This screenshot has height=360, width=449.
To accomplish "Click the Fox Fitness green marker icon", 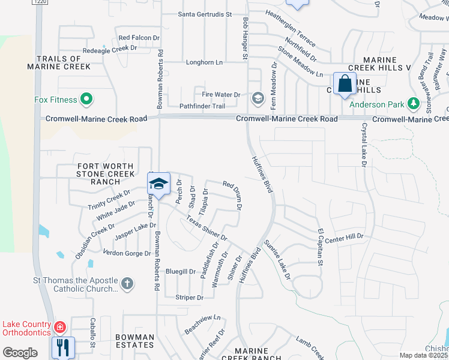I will (x=86, y=100).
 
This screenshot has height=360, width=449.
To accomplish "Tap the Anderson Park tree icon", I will (x=413, y=104).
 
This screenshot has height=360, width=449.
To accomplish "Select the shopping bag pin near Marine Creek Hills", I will (x=345, y=84).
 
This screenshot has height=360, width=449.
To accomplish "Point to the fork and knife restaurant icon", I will (x=62, y=346).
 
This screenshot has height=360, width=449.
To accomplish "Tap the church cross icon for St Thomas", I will (x=127, y=284).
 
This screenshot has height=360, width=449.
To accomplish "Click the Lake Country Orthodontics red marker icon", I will (x=60, y=328).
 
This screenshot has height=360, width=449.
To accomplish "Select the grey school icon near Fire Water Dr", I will (x=258, y=98).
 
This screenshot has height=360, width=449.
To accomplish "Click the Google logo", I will (x=20, y=353).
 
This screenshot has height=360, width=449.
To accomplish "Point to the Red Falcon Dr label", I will (x=139, y=37).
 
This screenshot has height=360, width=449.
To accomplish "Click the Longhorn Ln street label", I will (x=203, y=62).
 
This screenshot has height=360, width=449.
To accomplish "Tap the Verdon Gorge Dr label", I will (x=127, y=253).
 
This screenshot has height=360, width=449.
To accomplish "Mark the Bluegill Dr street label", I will (x=181, y=271).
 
